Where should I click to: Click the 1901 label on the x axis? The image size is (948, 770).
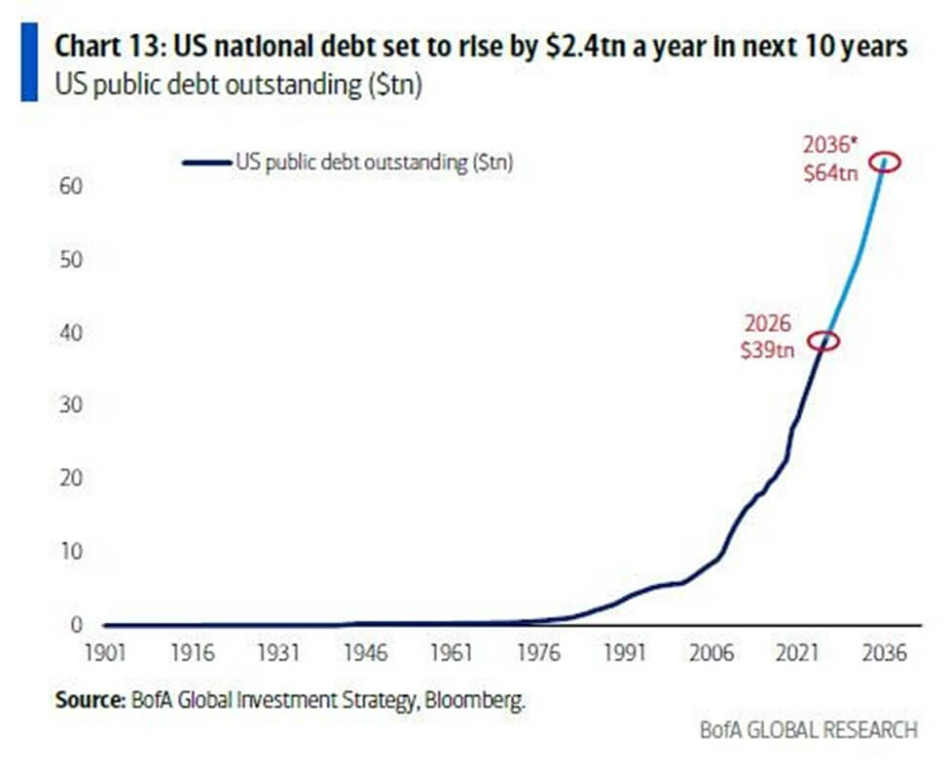tap(104, 651)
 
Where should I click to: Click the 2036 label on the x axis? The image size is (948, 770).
tap(885, 651)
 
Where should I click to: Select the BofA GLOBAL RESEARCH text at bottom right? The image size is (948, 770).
tap(808, 729)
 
